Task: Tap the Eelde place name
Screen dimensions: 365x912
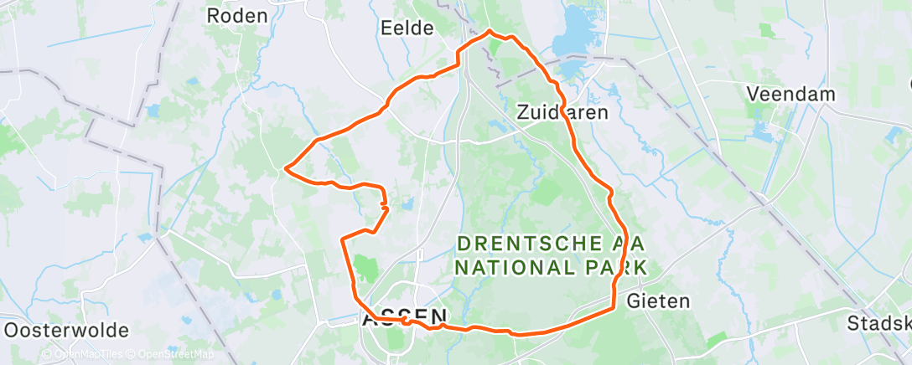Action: click(407, 28)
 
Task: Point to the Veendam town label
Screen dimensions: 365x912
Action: click(791, 94)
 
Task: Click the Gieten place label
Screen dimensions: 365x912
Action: click(658, 301)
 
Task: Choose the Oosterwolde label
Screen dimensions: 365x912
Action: click(65, 329)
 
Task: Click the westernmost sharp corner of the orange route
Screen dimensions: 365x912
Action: click(287, 168)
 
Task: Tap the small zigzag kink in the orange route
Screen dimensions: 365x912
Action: click(383, 201)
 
